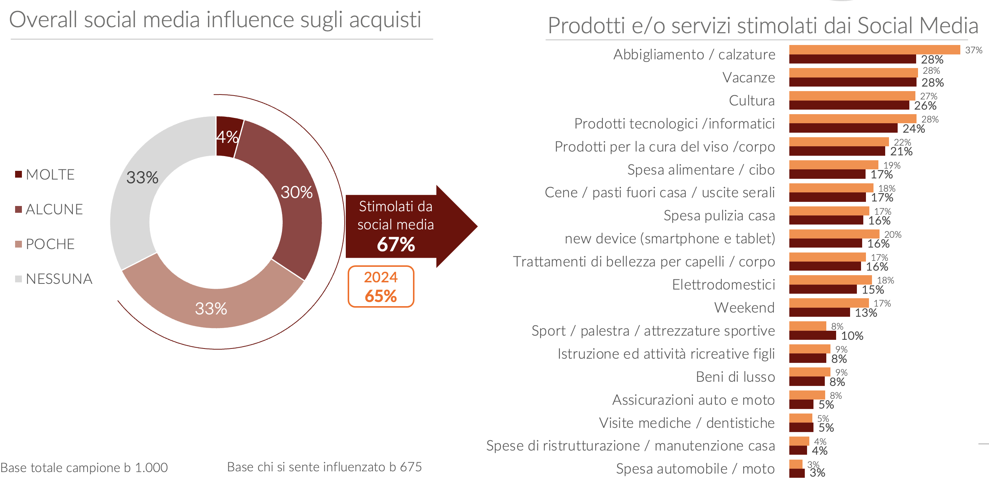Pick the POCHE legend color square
[18, 244]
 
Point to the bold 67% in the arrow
[396, 245]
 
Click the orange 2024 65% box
[381, 287]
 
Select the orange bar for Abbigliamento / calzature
[874, 50]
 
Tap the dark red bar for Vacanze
[852, 82]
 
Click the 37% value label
[974, 50]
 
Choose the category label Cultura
[751, 101]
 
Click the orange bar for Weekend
[829, 303]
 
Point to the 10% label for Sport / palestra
[852, 336]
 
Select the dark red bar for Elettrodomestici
[823, 290]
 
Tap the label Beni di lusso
[735, 377]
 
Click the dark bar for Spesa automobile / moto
[796, 473]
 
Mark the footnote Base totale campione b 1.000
[84, 468]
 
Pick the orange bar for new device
[834, 234]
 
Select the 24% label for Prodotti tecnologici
[914, 129]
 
